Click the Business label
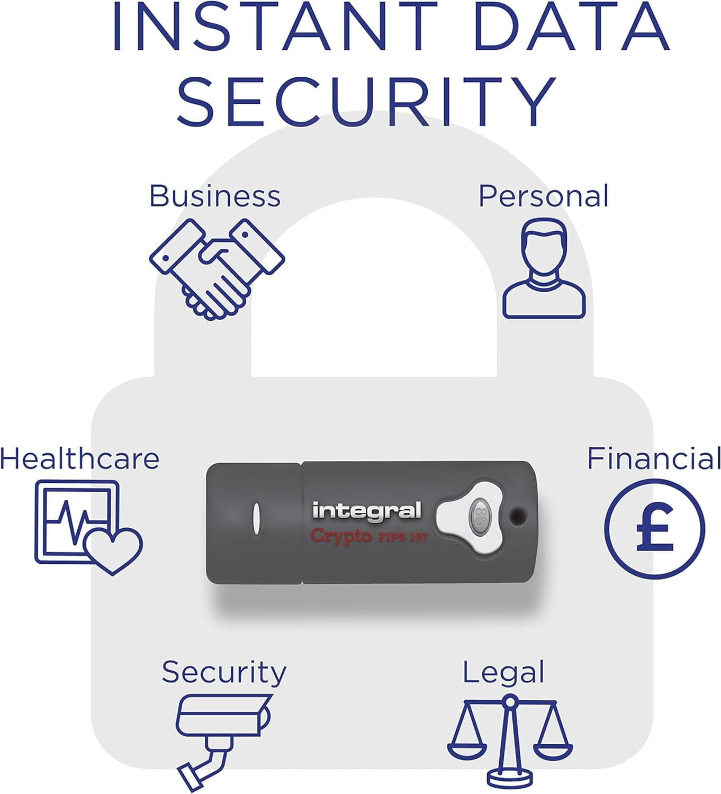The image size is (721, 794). (x=215, y=196)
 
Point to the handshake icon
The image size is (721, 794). (x=217, y=269)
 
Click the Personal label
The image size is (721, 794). (x=543, y=196)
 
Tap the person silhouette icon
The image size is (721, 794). (x=544, y=268)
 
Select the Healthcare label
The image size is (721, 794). (x=79, y=459)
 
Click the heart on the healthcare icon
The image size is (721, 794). (x=113, y=551)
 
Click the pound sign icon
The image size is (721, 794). (x=655, y=529)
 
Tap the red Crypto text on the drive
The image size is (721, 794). (x=341, y=536)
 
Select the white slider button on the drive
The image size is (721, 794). (x=470, y=518)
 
